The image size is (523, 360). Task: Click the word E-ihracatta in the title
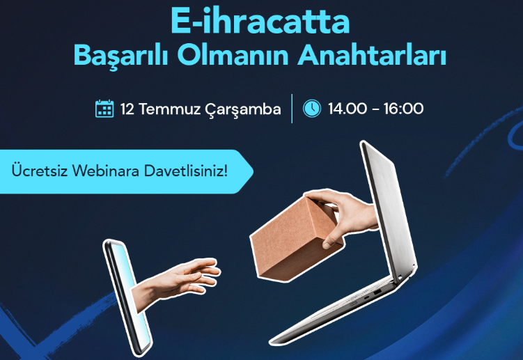point(260,22)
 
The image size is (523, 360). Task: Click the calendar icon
point(104,109)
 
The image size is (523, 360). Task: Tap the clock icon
point(312,109)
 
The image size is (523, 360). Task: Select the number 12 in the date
point(127,109)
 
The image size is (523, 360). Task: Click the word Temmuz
point(169,109)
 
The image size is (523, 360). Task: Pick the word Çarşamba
point(243,109)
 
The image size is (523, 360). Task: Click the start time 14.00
point(347,109)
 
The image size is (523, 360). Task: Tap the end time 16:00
point(404,109)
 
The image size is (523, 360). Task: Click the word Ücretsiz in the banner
point(40,170)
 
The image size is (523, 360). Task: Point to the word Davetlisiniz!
point(185,171)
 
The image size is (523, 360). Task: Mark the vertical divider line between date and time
point(292,109)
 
